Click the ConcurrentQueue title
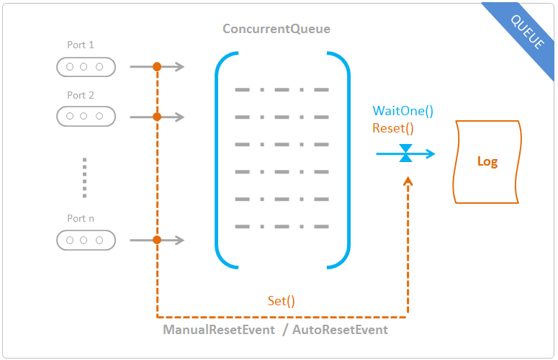click(x=276, y=29)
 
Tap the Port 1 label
click(x=81, y=45)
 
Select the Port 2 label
click(x=81, y=95)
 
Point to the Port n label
click(x=81, y=218)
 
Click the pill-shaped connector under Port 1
click(x=86, y=67)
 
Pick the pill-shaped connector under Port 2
click(x=86, y=117)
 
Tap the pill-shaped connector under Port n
click(x=86, y=240)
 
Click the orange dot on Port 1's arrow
click(x=157, y=66)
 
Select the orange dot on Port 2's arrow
click(x=157, y=117)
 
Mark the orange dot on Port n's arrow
click(x=157, y=240)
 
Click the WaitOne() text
click(x=403, y=111)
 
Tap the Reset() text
click(x=393, y=128)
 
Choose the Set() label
click(x=281, y=301)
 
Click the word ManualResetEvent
click(x=219, y=330)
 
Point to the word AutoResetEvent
click(x=341, y=330)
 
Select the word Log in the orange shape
click(x=487, y=161)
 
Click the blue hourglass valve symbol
click(x=405, y=153)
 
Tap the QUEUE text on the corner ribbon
click(x=527, y=32)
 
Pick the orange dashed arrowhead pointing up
click(x=408, y=181)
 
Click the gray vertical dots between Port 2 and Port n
click(x=84, y=178)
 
